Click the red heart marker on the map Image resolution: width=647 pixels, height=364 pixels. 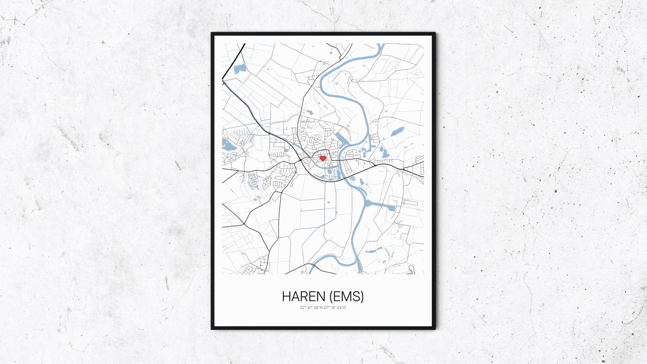(322, 158)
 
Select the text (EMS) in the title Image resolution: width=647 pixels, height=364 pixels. (346, 297)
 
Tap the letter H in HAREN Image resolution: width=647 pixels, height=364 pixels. (286, 297)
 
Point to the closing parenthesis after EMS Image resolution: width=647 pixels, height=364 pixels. (362, 297)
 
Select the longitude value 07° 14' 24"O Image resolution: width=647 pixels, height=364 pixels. (335, 307)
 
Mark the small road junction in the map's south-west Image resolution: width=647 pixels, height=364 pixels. (244, 224)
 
